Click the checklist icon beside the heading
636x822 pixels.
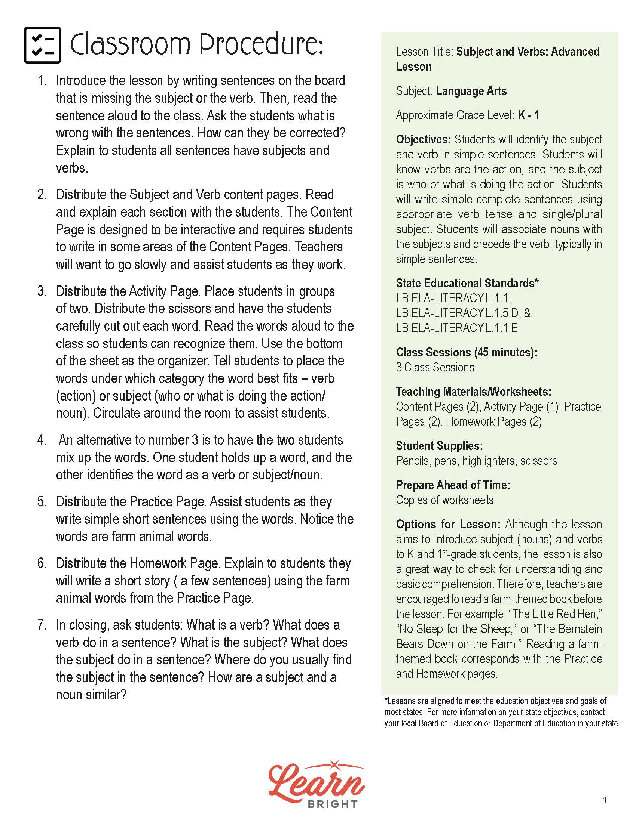[42, 45]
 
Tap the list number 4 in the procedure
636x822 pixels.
[42, 440]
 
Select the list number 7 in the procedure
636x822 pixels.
[42, 625]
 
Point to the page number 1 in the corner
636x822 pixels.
[605, 800]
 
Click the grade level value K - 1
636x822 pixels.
[528, 115]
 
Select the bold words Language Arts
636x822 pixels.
[471, 91]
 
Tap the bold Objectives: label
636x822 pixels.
[423, 140]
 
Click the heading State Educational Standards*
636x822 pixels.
[467, 283]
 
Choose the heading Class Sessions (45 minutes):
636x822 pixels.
[467, 352]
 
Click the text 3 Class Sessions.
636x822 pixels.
[436, 367]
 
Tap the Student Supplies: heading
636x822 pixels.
[439, 446]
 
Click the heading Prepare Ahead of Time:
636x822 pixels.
[453, 485]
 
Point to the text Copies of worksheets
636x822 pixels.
[444, 500]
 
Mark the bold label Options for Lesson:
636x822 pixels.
[448, 524]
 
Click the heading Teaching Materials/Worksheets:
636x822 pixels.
[474, 392]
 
